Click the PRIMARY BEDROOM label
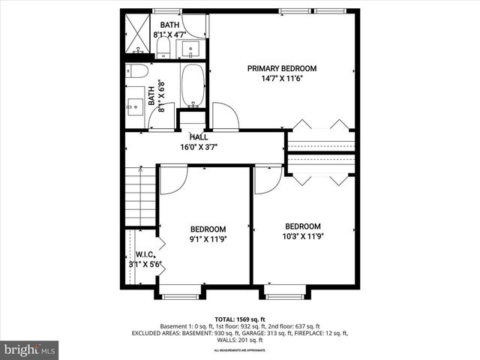pos(282,68)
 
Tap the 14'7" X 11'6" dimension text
pos(282,78)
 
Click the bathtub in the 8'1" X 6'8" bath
pos(193,86)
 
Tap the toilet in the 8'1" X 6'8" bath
pos(137,71)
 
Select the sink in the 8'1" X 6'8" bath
pos(136,106)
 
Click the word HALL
pos(199,137)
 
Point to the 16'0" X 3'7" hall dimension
pos(199,147)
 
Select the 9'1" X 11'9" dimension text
pos(208,239)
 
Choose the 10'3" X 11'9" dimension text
pos(302,236)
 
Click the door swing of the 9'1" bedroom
pos(172,180)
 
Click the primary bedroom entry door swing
pos(225,117)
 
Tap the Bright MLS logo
pos(30,349)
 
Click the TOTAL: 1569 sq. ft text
pos(240,319)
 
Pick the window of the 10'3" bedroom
pos(285,296)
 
